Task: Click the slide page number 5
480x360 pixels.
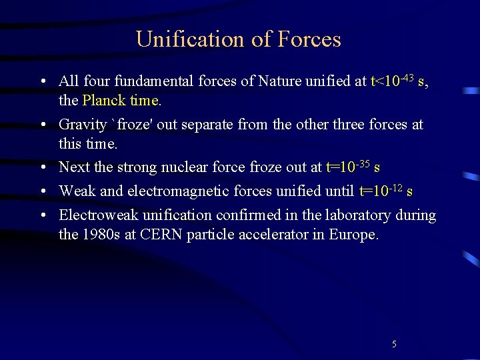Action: pyautogui.click(x=394, y=344)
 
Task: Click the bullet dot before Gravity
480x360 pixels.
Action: pyautogui.click(x=42, y=125)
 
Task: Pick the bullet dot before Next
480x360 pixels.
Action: pyautogui.click(x=42, y=167)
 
